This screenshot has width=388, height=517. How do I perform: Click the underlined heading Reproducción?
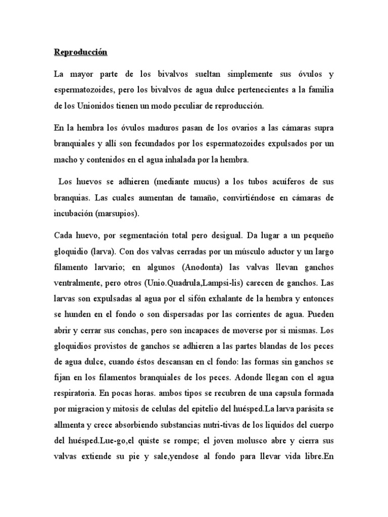(81, 53)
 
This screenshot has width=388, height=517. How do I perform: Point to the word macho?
(65, 160)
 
